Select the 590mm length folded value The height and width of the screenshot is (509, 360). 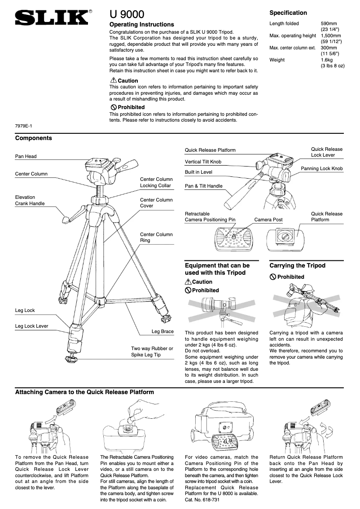click(x=329, y=23)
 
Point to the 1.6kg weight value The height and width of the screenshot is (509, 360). click(x=326, y=60)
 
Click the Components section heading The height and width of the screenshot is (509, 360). click(x=34, y=138)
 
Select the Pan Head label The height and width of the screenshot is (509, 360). click(x=26, y=157)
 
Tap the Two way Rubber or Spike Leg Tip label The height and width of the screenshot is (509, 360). click(x=152, y=351)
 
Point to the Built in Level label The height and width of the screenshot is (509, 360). click(x=198, y=172)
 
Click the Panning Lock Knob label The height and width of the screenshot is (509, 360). click(x=321, y=169)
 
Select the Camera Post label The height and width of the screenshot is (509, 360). click(x=268, y=220)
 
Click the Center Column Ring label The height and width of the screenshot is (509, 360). click(x=156, y=237)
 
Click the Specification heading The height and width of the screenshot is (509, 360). click(x=288, y=13)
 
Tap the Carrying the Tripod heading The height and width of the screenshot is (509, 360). click(x=297, y=266)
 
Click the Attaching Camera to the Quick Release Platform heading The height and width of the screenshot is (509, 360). click(x=85, y=392)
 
